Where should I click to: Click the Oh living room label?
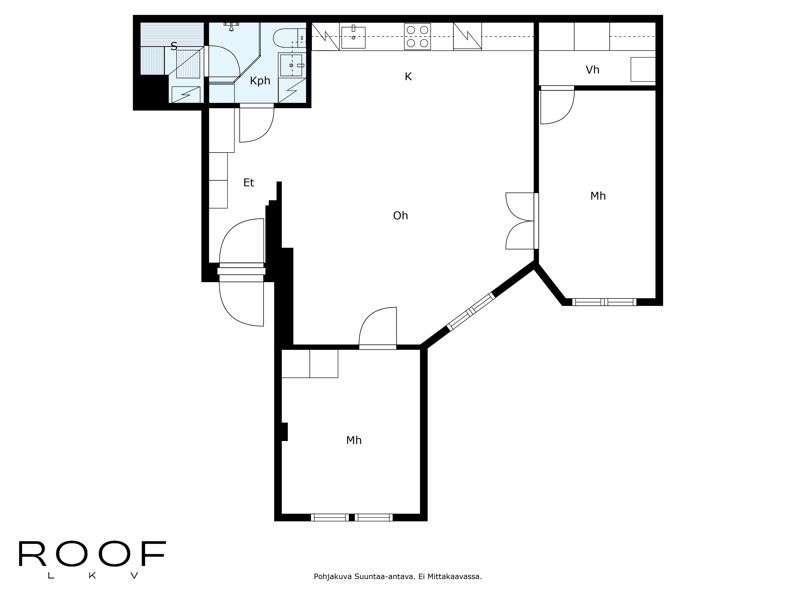point(400,216)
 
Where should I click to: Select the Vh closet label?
point(592,70)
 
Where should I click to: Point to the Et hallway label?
point(248,183)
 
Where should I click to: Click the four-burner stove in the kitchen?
point(417,36)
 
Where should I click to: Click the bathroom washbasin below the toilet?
point(292,65)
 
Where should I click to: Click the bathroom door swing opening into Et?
point(256,124)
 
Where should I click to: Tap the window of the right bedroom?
point(604,302)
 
